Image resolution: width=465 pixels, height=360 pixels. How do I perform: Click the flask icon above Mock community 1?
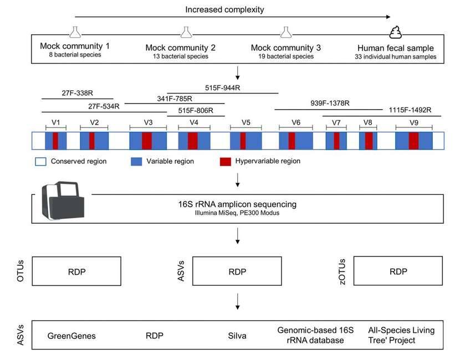[x=75, y=32]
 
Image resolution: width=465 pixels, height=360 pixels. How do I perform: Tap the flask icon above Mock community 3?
[x=285, y=32]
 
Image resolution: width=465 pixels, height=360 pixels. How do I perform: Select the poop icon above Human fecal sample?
[x=394, y=32]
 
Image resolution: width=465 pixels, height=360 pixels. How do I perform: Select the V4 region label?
[x=193, y=122]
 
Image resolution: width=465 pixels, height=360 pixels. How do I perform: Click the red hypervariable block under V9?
[x=413, y=141]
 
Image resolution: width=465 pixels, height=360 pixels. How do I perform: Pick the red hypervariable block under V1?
[x=55, y=141]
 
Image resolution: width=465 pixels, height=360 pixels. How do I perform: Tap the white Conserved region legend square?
[x=39, y=162]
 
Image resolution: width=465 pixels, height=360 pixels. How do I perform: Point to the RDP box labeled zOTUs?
[x=398, y=271]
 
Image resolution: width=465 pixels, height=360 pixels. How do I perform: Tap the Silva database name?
[x=236, y=335]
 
